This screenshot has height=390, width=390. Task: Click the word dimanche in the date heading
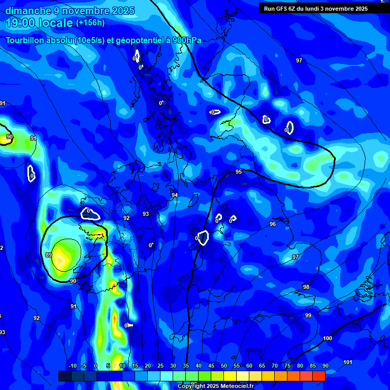tap(27, 11)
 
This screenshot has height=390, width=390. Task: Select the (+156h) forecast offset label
tap(90, 23)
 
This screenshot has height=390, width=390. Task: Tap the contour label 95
tap(239, 172)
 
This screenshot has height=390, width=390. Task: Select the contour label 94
tap(175, 195)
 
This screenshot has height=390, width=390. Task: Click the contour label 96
tap(273, 224)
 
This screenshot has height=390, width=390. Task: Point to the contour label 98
tap(306, 287)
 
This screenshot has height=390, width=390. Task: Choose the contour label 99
tap(308, 315)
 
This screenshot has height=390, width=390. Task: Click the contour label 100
tap(328, 338)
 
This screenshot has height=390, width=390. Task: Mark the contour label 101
tap(348, 362)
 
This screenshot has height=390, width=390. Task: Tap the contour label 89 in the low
tap(49, 255)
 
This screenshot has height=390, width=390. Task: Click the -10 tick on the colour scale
tap(72, 366)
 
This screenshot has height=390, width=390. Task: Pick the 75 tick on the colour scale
tap(287, 366)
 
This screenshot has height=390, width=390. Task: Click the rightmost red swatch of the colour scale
tap(318, 376)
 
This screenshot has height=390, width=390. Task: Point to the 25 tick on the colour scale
tap(160, 366)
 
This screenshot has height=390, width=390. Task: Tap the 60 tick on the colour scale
tap(249, 366)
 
